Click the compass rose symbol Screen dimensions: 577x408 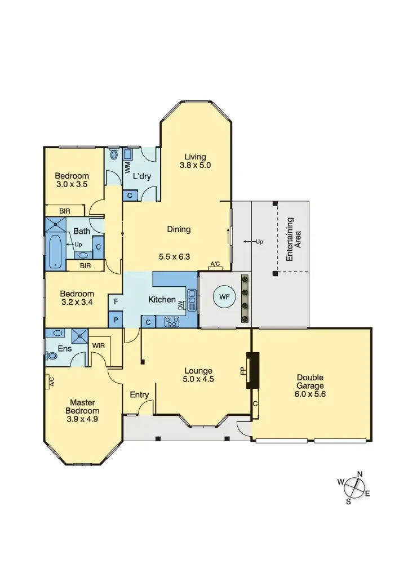point(354,487)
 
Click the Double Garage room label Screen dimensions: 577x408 point(311,386)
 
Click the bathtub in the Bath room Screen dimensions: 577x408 point(55,252)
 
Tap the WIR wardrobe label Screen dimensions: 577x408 point(98,345)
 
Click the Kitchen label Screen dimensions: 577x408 point(162,299)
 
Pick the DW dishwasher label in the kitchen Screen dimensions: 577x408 point(181,305)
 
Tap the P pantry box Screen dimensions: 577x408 point(116,319)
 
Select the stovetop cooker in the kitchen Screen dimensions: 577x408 point(171,322)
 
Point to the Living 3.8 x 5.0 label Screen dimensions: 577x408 point(195,161)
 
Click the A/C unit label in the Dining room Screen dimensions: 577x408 point(215,264)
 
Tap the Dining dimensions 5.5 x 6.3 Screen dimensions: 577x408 point(175,256)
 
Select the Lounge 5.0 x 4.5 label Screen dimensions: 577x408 point(198,375)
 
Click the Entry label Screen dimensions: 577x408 point(139,394)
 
